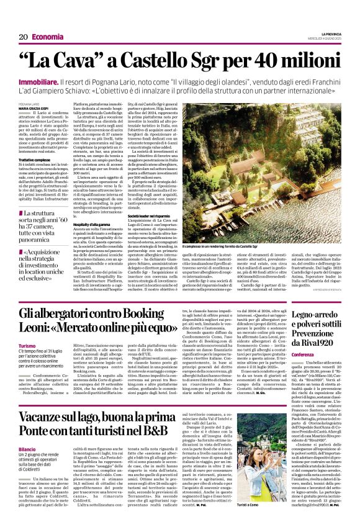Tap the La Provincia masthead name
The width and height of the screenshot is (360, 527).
click(331, 34)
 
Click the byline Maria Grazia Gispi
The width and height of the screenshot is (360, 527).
click(34, 109)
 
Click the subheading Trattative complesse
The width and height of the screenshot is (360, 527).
click(34, 160)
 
